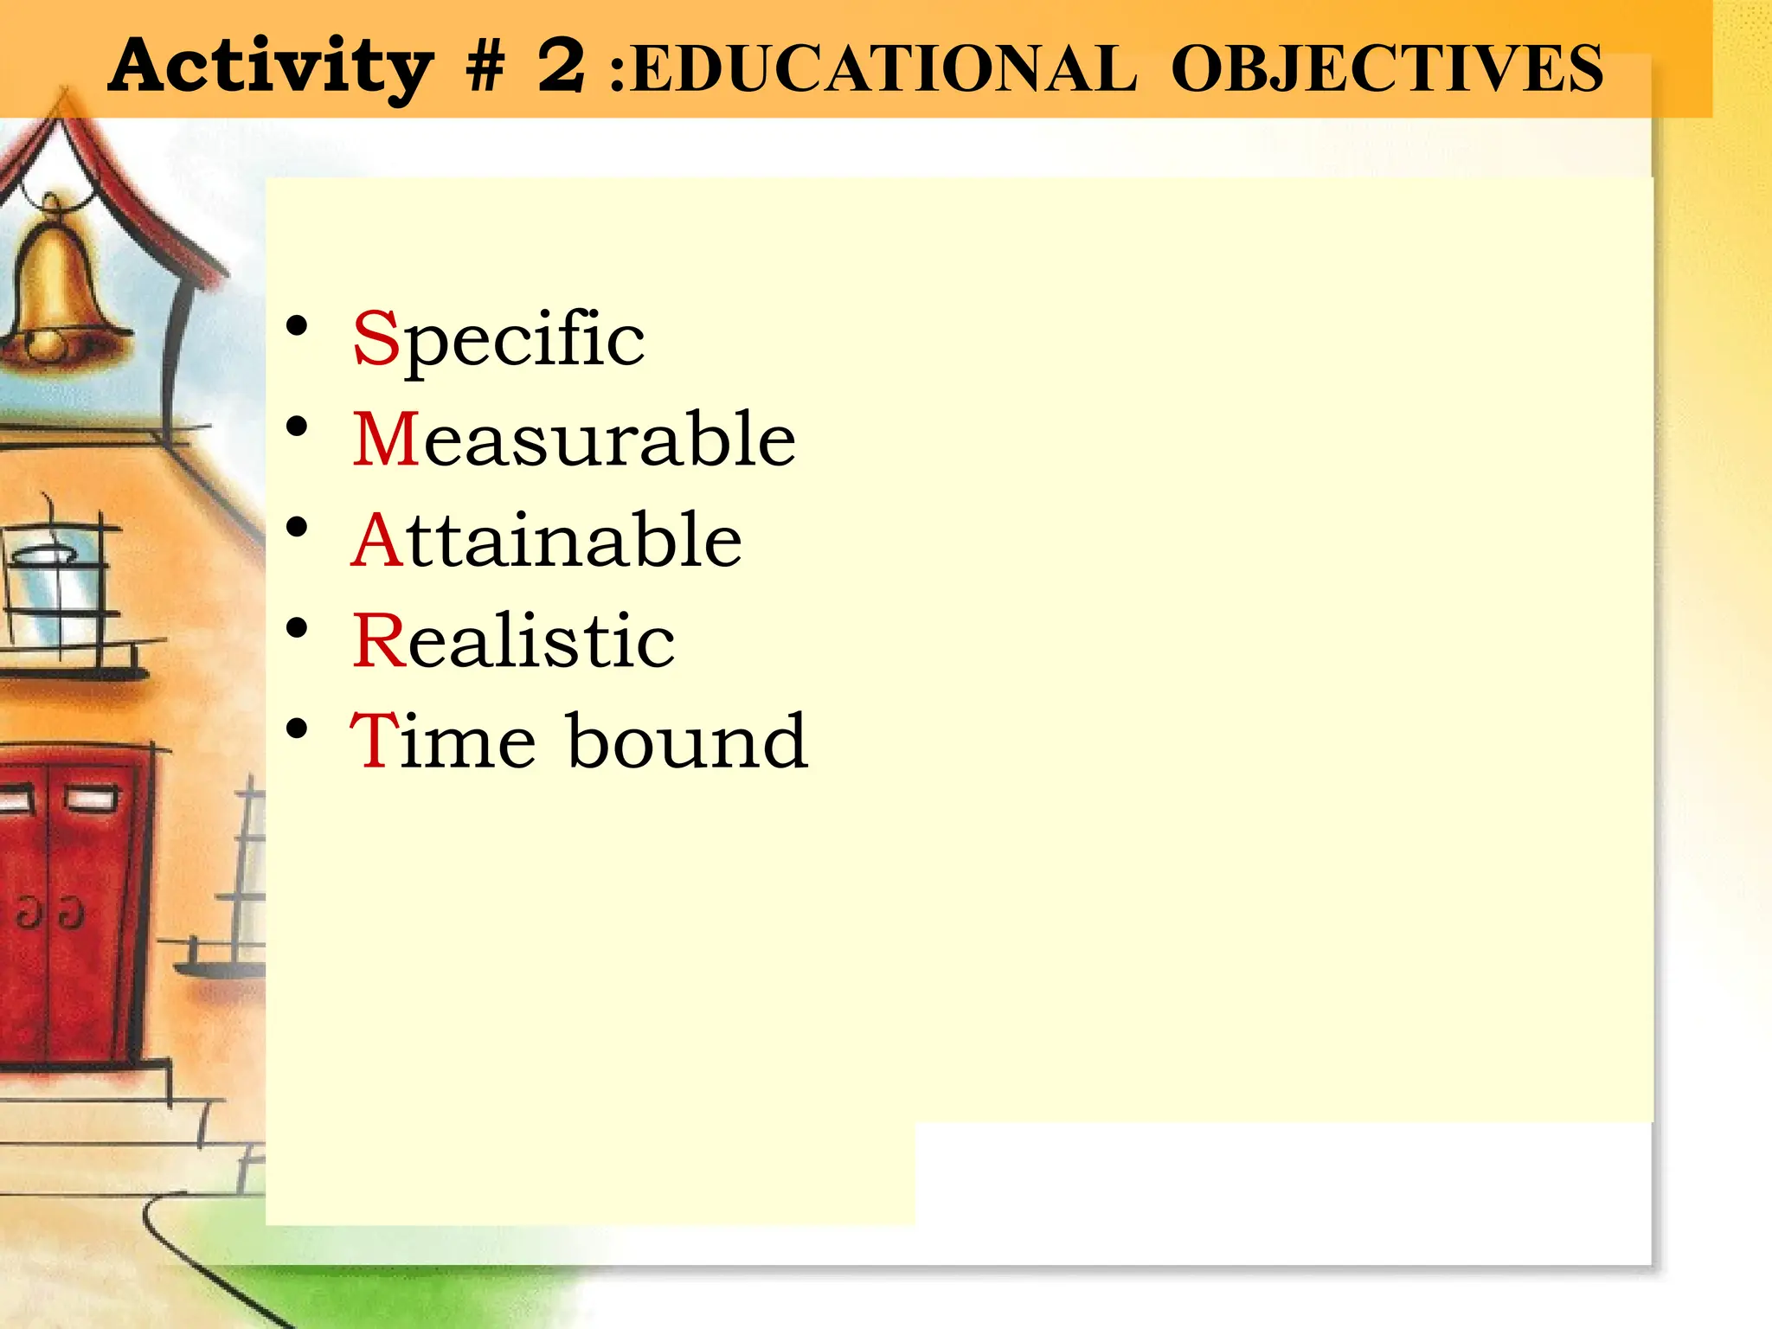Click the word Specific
498,340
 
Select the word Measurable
574,440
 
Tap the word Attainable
546,540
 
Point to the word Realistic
513,641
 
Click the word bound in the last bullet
687,741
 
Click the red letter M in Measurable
386,440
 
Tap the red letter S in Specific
375,338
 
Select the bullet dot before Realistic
297,629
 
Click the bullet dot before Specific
297,327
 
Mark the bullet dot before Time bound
297,729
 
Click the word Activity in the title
270,67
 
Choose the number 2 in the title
561,66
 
